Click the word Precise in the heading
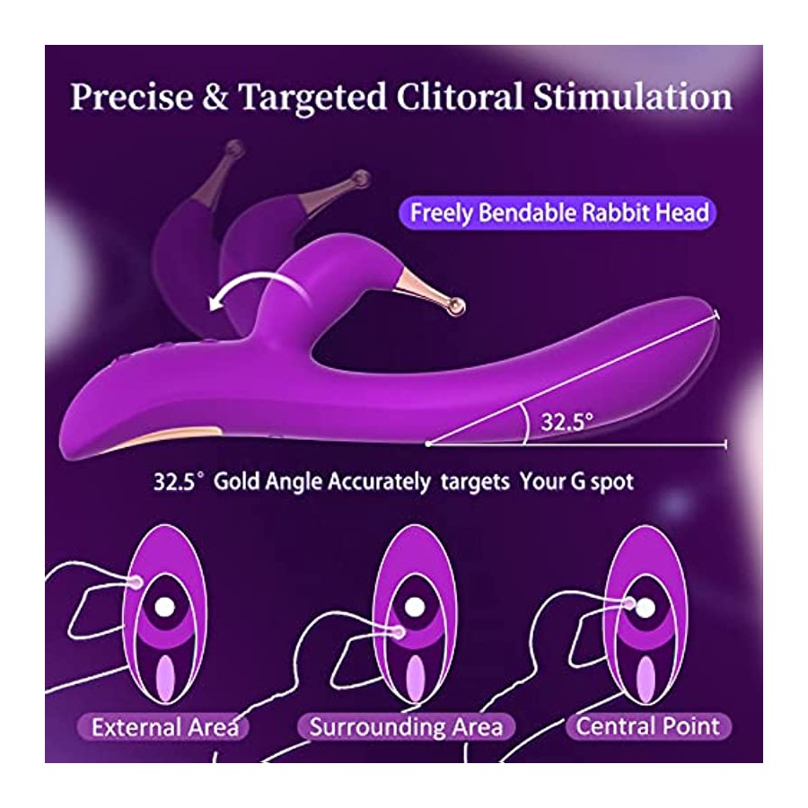pos(131,97)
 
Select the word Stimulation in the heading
pos(632,97)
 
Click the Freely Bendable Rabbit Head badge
pos(558,213)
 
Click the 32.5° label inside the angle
pos(566,422)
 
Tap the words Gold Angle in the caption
pos(269,482)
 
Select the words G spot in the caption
pos(602,482)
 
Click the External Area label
pos(165,727)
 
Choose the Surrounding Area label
pos(406,727)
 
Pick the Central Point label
pos(647,726)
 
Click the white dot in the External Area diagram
pos(165,607)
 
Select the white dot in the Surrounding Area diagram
pos(415,607)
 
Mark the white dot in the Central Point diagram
pos(646,609)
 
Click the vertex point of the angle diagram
pos(427,444)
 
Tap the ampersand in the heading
pos(215,97)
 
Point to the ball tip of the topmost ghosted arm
pos(235,148)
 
